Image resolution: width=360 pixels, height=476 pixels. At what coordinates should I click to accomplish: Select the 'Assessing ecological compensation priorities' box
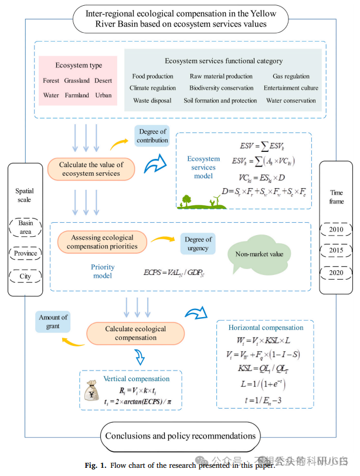click(102, 242)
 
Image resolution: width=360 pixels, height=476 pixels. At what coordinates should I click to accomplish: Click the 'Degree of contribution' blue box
click(152, 135)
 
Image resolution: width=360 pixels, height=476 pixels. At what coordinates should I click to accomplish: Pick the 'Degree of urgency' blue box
click(198, 244)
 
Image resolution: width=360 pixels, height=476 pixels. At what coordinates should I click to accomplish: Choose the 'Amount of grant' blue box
click(53, 322)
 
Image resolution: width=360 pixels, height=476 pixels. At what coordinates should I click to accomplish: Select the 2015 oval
click(337, 250)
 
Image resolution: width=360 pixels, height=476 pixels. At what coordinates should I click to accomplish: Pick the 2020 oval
click(337, 273)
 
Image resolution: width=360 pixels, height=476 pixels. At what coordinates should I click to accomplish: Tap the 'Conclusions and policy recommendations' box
click(181, 436)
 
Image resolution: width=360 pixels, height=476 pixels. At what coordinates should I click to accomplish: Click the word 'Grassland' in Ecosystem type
click(77, 80)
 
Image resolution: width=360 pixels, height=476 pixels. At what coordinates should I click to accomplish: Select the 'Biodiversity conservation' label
click(221, 88)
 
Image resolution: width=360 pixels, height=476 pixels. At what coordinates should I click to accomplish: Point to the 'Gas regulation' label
click(291, 76)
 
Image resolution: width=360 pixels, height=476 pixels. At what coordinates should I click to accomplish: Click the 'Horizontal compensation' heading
click(266, 328)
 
